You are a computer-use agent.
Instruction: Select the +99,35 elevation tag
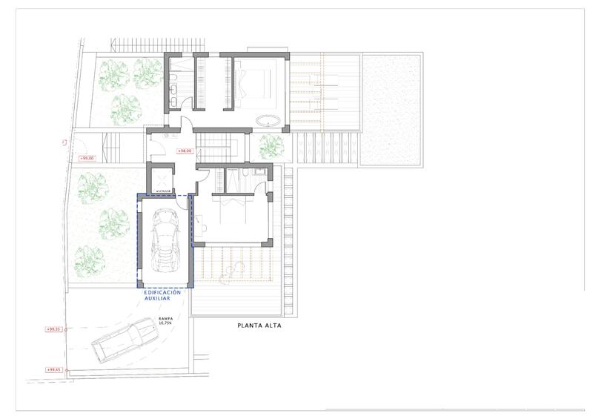(53, 329)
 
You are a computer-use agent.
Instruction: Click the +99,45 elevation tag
(53, 369)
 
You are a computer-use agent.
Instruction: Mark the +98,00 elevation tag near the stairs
(185, 151)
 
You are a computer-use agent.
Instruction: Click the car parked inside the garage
(166, 241)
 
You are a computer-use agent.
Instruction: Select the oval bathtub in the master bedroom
(268, 121)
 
